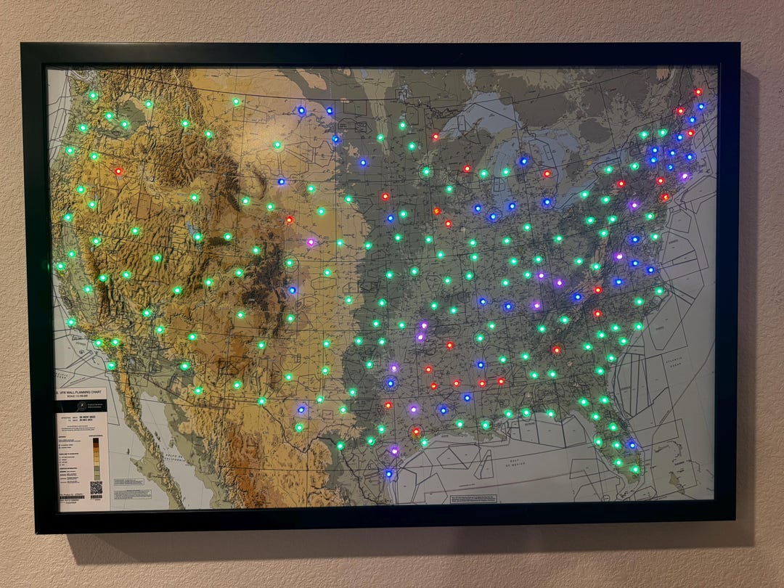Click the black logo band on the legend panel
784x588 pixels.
point(81,405)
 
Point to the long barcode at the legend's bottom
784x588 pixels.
point(73,497)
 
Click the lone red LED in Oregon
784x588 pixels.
point(118,172)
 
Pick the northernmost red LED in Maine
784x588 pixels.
point(698,92)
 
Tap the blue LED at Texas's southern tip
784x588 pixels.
point(389,474)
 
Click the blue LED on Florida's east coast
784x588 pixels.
point(632,444)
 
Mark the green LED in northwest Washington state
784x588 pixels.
point(93,95)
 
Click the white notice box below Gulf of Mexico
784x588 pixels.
point(473,499)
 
